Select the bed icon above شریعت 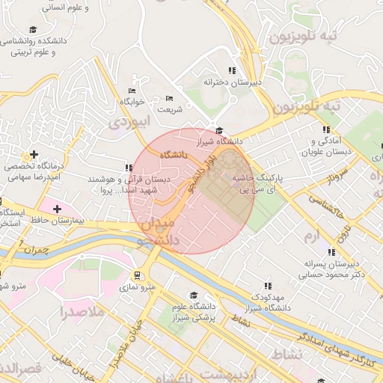169,98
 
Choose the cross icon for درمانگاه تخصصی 34,154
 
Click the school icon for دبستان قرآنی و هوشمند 129,168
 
